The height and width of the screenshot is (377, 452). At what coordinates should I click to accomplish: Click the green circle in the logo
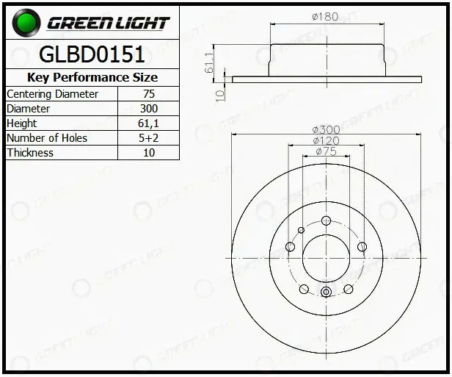coord(26,23)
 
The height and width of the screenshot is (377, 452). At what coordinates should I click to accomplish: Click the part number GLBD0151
coord(92,54)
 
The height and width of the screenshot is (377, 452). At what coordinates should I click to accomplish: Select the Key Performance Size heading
coord(92,77)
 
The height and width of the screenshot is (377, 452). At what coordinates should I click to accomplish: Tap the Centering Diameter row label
coord(52,94)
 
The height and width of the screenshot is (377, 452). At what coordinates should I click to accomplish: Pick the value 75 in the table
coord(149,94)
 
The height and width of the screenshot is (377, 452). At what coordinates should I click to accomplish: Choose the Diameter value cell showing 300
coord(149,109)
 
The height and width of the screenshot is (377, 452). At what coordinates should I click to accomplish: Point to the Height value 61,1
coord(148,123)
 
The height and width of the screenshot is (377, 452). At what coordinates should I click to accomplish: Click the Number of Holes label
coord(47,138)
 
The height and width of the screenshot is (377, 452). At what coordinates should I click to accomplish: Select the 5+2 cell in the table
coord(148,138)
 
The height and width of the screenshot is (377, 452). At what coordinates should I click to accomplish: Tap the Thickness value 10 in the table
coord(149,153)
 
